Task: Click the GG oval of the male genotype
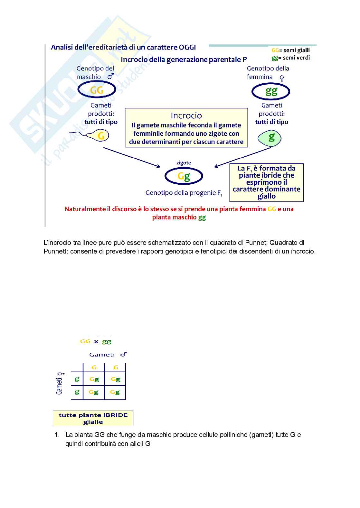pyautogui.click(x=97, y=90)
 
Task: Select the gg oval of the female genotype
pyautogui.click(x=271, y=91)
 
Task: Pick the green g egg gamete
pyautogui.click(x=270, y=138)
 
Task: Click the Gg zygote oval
pyautogui.click(x=184, y=176)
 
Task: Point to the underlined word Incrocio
pyautogui.click(x=186, y=115)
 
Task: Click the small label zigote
pyautogui.click(x=184, y=163)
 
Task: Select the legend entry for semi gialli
pyautogui.click(x=291, y=50)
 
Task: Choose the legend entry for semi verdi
pyautogui.click(x=291, y=58)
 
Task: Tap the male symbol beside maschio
pyautogui.click(x=110, y=76)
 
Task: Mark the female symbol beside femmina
pyautogui.click(x=282, y=78)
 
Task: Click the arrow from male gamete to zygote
pyautogui.click(x=132, y=157)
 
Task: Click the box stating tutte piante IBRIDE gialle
pyautogui.click(x=93, y=418)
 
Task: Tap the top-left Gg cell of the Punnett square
pyautogui.click(x=94, y=379)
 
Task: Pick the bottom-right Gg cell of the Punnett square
pyautogui.click(x=115, y=392)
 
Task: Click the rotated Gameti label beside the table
pyautogui.click(x=60, y=384)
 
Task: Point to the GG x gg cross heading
pyautogui.click(x=96, y=341)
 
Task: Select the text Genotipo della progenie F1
pyautogui.click(x=184, y=193)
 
